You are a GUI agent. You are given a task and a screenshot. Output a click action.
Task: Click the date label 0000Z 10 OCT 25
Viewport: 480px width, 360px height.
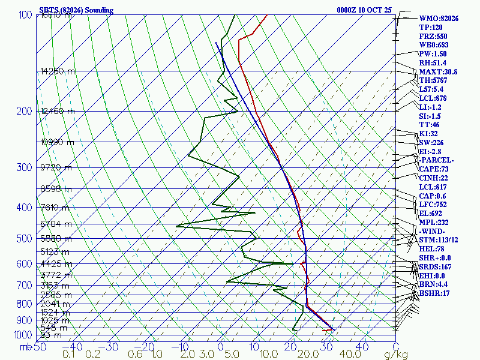click(x=365, y=10)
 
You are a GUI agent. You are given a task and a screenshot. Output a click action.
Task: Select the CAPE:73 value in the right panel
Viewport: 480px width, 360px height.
click(x=434, y=169)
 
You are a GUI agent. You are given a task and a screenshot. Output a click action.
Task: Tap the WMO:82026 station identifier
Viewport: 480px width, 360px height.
click(x=439, y=19)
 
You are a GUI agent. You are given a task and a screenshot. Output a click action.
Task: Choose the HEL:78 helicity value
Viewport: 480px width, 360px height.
click(x=431, y=249)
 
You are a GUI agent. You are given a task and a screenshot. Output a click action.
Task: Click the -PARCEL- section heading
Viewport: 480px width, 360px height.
click(x=436, y=160)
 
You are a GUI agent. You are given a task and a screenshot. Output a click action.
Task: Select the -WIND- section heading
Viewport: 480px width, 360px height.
click(x=433, y=231)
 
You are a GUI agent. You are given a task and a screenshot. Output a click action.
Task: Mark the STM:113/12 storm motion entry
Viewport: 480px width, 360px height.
click(x=440, y=240)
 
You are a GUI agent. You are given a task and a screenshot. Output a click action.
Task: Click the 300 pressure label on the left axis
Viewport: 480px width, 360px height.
click(x=23, y=167)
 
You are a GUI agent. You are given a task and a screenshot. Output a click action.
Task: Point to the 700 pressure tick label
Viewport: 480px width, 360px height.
click(x=23, y=286)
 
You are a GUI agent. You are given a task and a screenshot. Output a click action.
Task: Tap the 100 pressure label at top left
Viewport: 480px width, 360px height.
click(x=25, y=15)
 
